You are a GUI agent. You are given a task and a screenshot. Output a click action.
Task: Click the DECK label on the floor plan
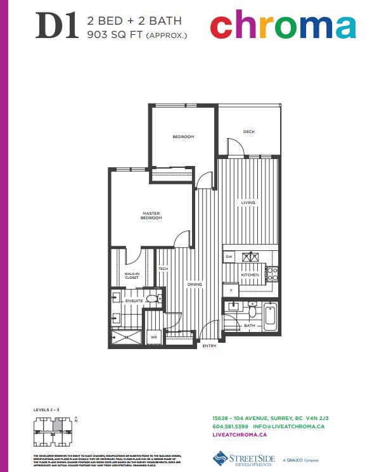[x=248, y=132]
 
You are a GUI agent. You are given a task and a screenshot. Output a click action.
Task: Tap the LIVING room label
[x=247, y=203]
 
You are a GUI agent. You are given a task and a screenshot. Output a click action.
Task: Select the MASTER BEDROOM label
[x=151, y=215]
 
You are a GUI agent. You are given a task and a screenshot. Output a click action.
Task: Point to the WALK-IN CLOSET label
[x=132, y=276]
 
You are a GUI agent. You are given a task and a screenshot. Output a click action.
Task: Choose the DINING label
[x=195, y=284]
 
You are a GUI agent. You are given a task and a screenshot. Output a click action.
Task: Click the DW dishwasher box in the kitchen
[x=229, y=257]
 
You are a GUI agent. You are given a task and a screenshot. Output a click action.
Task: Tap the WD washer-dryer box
[x=153, y=337]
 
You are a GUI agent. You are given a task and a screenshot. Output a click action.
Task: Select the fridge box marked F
[x=231, y=290]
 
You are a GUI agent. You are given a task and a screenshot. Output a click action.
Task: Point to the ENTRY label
[x=208, y=346]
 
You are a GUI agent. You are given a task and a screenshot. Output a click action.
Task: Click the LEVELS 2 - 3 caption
[x=46, y=411]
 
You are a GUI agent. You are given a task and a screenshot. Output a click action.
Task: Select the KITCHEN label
[x=250, y=275]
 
